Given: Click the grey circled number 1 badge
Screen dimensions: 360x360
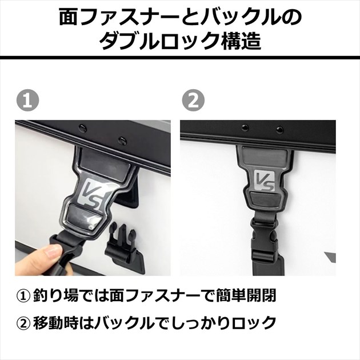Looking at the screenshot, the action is coord(28,101).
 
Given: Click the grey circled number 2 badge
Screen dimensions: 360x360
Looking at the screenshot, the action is coord(193,101).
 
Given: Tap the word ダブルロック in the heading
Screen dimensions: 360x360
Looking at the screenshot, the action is coord(159,41).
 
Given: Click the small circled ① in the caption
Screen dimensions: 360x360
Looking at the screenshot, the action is coord(23,296).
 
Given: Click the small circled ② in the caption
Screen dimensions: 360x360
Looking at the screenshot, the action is coord(23,323).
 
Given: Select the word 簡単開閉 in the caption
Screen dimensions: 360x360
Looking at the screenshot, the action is coord(246,296).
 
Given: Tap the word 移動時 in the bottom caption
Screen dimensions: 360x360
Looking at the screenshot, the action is coord(55,323).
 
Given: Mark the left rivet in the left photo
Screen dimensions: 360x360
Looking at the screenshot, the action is coord(81,126).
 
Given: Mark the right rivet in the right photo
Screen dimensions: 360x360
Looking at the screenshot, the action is coord(279,130).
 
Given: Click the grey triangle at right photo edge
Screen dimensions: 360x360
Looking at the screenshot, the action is coord(331,257).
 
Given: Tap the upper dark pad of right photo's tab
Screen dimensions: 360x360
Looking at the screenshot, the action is coord(264,155).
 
